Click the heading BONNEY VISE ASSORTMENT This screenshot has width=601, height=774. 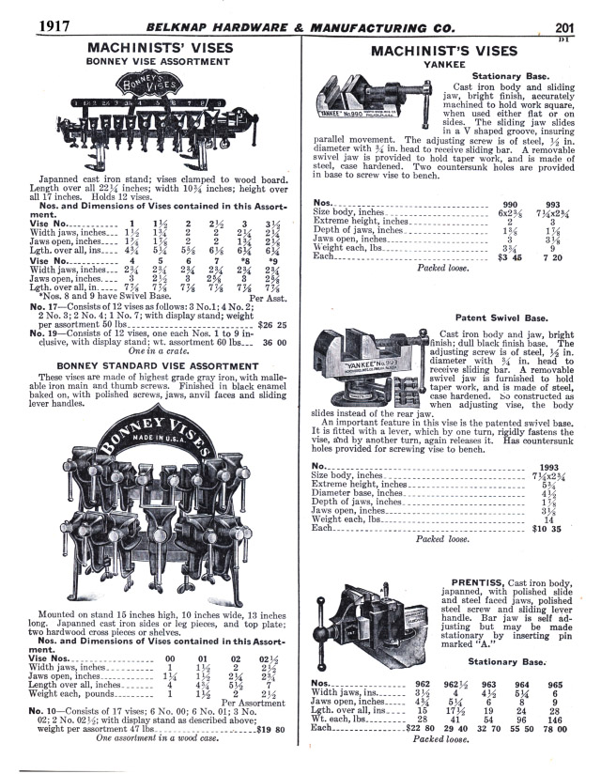coord(157,59)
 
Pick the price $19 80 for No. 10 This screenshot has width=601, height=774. coord(274,726)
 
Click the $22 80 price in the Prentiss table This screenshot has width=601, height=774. coord(397,727)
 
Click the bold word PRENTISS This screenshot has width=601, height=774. coord(466,581)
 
